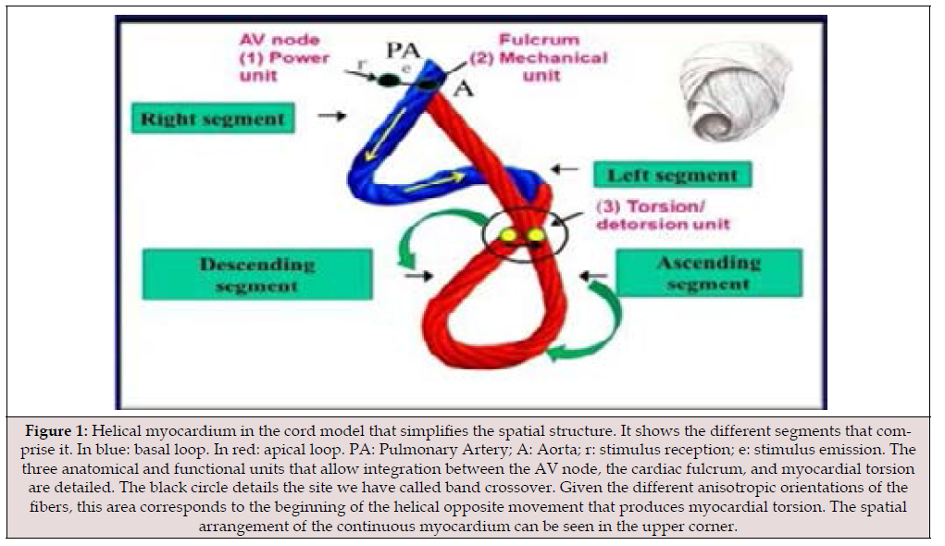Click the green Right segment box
tap(214, 118)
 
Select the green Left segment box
tap(673, 175)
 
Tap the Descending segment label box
tap(257, 274)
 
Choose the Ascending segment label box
tap(709, 273)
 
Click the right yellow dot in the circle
tap(536, 234)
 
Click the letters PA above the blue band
tap(404, 50)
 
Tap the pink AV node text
tap(279, 40)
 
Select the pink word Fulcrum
tap(540, 40)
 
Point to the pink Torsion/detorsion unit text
tap(663, 215)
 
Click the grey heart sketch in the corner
tap(734, 93)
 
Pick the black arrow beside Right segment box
tap(332, 115)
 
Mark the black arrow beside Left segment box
tap(565, 169)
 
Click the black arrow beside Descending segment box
tap(418, 276)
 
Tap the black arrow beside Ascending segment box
tap(593, 276)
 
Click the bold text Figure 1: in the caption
tap(56, 431)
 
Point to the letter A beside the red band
tap(462, 89)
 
